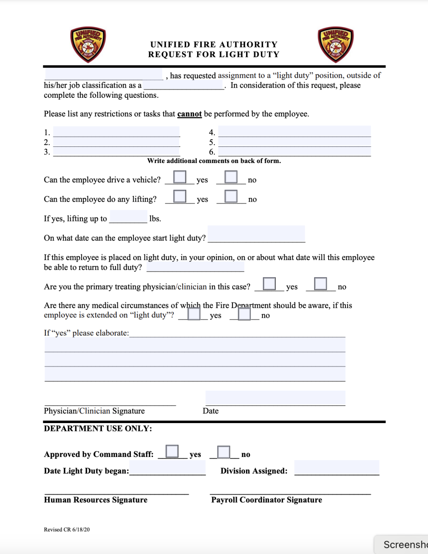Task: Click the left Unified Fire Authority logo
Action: pos(88,44)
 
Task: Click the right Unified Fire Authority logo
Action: pos(335,44)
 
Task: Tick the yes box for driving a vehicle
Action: pos(180,177)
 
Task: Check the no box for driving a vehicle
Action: pos(231,177)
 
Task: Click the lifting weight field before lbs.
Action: pos(128,217)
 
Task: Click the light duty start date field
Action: pos(256,234)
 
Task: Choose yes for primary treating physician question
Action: pos(269,284)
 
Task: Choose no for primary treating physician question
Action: pos(320,284)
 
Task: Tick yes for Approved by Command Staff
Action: pos(172,452)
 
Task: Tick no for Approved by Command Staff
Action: pos(223,452)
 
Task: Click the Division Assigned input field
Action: pos(336,468)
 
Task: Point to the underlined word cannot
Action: pos(190,114)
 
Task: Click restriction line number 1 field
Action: pos(116,132)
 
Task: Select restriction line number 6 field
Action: pos(294,151)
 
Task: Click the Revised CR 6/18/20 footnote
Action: pos(67,529)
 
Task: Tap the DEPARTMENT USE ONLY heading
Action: pos(98,428)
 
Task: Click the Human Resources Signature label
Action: pos(95,500)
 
